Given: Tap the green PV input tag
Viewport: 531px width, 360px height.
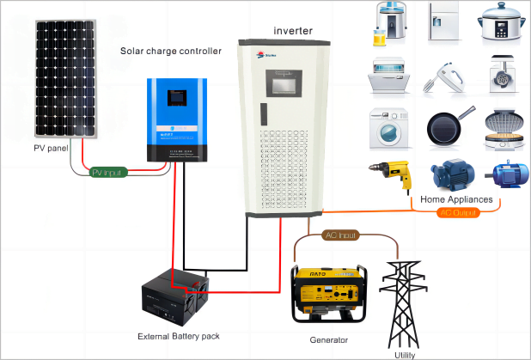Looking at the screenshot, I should click(109, 173).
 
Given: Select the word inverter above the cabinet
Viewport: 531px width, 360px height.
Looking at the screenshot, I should click(293, 31).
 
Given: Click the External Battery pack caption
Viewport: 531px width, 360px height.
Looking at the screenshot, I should click(178, 335).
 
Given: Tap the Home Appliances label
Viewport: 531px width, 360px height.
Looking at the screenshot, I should click(456, 200).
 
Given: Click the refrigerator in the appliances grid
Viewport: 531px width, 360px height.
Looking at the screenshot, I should click(444, 23).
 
